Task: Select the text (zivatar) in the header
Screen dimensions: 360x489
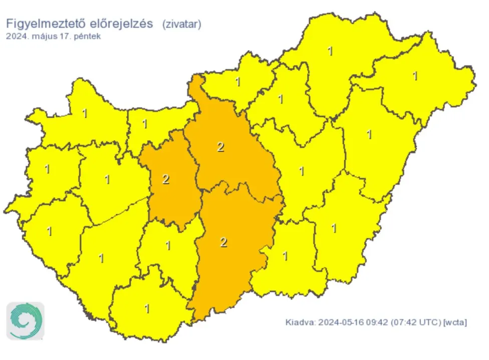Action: (181, 24)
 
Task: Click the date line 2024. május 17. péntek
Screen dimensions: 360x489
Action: (54, 37)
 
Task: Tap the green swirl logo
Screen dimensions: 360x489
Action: (25, 321)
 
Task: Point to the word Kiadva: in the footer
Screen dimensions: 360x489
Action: (301, 322)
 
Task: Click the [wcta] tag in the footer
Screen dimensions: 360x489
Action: (455, 322)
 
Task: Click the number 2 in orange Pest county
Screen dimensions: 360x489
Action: (220, 147)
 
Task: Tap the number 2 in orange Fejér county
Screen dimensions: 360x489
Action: (166, 179)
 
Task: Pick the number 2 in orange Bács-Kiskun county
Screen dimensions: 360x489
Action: (223, 242)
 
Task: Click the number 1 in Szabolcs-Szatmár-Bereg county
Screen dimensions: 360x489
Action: (415, 76)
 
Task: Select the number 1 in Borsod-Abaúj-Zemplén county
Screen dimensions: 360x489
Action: (330, 51)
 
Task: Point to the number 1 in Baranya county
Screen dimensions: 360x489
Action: (147, 308)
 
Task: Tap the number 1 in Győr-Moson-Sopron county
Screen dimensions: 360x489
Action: (84, 114)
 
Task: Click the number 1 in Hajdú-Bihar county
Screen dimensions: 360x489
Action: (369, 134)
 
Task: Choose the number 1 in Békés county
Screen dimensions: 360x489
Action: (334, 228)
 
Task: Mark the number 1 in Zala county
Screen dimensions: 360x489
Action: (49, 231)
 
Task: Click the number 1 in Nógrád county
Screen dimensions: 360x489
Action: (238, 82)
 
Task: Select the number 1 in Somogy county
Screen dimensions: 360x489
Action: (101, 258)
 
